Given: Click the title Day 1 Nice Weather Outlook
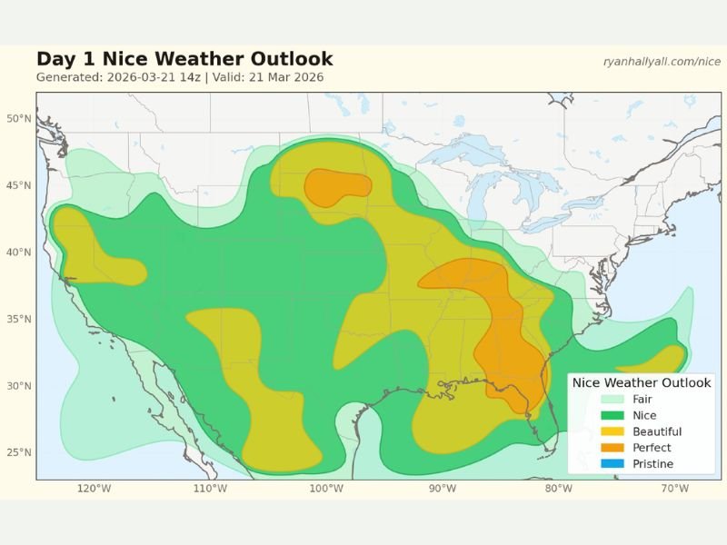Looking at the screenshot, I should pos(184,60).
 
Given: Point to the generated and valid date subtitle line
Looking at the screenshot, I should pos(180,78).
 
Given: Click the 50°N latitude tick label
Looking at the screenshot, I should pos(19,119).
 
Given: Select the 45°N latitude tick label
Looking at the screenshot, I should pos(19,186).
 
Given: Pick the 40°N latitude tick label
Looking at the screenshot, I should pos(19,253).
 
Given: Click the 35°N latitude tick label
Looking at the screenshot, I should pos(19,320).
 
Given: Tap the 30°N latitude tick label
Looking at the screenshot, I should pos(19,386).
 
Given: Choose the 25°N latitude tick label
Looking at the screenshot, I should pos(19,453).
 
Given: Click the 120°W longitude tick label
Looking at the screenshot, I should pos(94,489).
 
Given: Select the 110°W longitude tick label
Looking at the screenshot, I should pos(210,489).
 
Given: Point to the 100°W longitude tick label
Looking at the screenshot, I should pos(326,489).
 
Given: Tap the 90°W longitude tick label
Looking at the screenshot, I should pos(443,489).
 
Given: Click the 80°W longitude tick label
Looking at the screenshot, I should pos(558,489).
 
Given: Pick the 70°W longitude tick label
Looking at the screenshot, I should pos(674,489).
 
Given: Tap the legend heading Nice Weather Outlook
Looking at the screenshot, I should pos(642,383).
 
